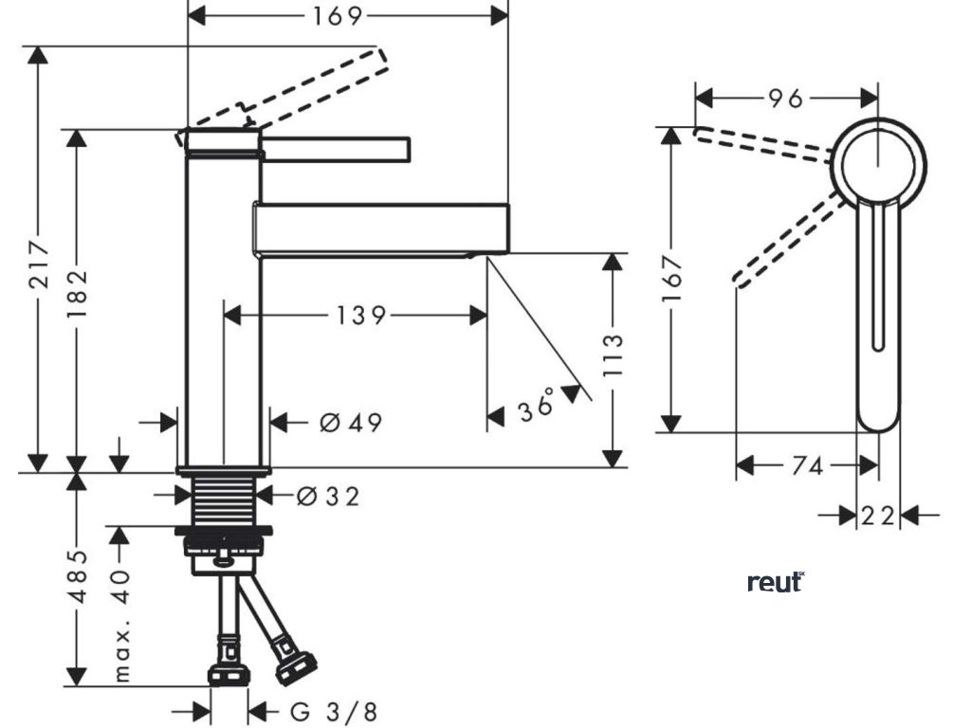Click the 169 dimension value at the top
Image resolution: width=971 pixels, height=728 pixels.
coord(338,16)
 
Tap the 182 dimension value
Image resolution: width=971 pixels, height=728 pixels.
coord(78,298)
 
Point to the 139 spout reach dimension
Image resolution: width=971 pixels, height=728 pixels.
coord(360,316)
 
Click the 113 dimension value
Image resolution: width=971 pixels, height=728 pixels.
coord(614,356)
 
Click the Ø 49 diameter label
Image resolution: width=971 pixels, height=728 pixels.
coord(351,423)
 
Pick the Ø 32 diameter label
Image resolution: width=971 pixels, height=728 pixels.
coord(328,496)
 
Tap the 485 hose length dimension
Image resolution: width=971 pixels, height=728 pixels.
coord(78,575)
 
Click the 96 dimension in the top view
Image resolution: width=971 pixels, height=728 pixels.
coord(784,98)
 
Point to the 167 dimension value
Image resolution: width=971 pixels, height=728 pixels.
coord(672,277)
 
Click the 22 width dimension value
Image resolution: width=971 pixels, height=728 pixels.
coord(878,516)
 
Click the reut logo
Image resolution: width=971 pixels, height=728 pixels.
coord(776,582)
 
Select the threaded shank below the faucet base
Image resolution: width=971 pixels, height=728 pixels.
coord(225,500)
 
